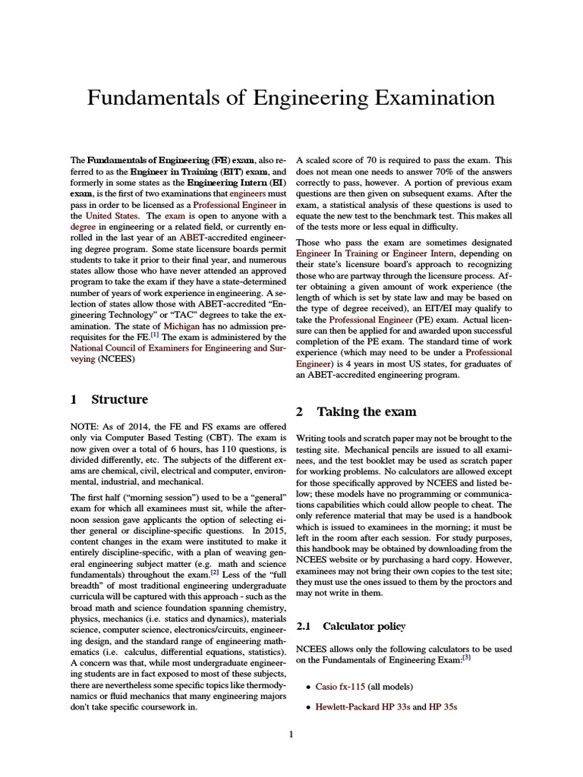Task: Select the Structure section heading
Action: pos(119,399)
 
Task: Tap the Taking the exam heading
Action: pos(366,411)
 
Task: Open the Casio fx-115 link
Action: pos(336,687)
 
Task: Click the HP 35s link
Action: pos(443,707)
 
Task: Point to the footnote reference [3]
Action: pos(467,658)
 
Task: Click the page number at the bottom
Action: pos(291,734)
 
